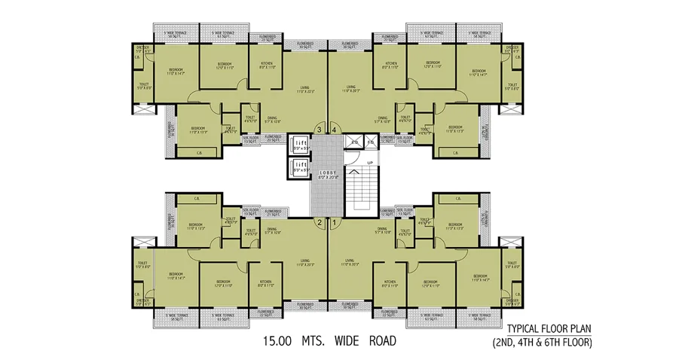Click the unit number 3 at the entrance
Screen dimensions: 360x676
tap(319, 130)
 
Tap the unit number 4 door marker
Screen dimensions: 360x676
tap(333, 130)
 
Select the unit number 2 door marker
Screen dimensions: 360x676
tap(319, 222)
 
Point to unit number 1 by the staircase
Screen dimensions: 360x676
tap(333, 222)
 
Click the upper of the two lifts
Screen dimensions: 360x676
tap(299, 145)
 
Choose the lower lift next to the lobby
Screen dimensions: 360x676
tap(299, 166)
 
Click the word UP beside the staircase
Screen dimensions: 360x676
tap(369, 163)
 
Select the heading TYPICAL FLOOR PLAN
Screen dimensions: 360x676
tap(549, 329)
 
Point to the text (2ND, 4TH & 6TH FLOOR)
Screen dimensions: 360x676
tap(549, 343)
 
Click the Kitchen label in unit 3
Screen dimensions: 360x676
tap(267, 65)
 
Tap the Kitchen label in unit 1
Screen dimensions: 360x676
tap(390, 284)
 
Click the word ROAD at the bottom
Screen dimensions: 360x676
tap(377, 340)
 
